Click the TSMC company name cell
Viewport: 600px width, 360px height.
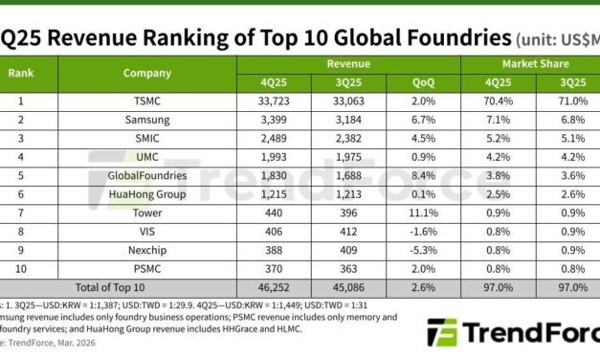[x=147, y=102]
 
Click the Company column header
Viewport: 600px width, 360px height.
[x=147, y=73]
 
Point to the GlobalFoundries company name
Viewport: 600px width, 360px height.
[x=147, y=175]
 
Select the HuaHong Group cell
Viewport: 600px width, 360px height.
[x=147, y=193]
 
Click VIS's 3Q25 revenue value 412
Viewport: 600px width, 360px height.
[x=348, y=230]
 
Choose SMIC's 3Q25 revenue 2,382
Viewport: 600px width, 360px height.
[x=348, y=139]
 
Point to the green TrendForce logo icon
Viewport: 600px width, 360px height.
[x=442, y=333]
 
